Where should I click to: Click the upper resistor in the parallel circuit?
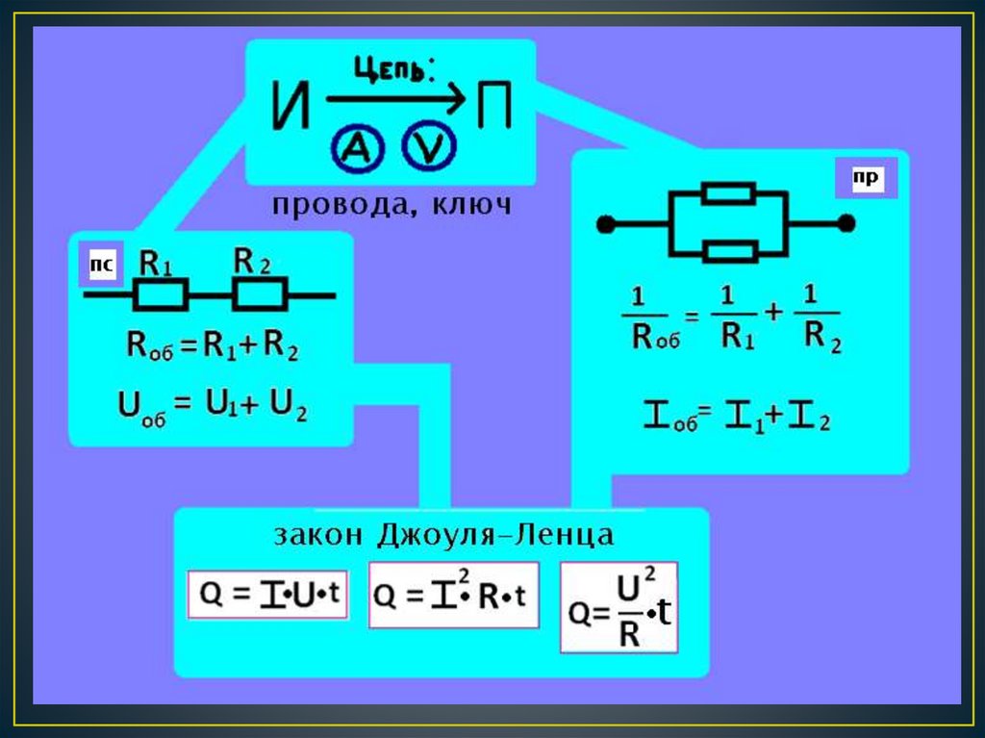coord(728,193)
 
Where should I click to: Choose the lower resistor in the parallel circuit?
coord(728,252)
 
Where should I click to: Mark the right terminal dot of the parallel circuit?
coord(846,224)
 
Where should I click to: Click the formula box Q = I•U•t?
coord(266,595)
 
